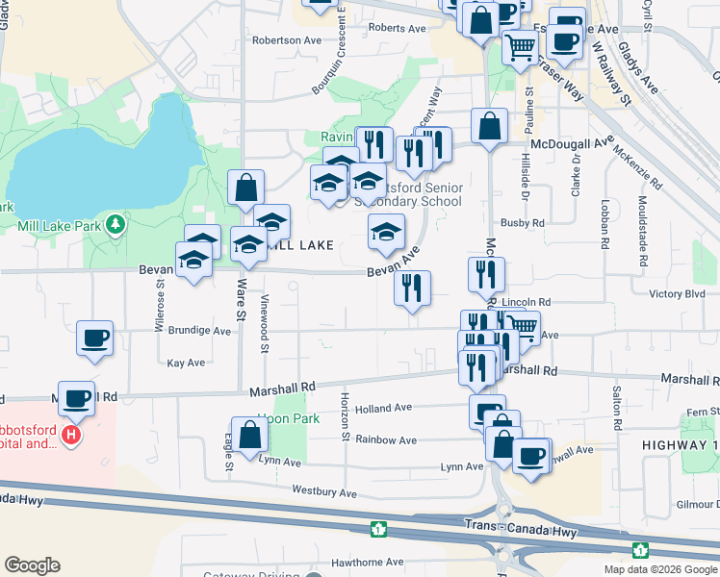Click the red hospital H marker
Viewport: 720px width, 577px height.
click(x=69, y=436)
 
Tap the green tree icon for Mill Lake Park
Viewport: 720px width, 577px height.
click(x=116, y=224)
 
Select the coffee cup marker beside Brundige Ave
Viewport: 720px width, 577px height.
click(x=95, y=339)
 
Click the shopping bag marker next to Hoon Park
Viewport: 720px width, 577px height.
click(x=249, y=435)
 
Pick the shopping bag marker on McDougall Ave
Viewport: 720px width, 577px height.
click(x=489, y=125)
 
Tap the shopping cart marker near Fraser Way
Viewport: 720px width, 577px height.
click(x=520, y=45)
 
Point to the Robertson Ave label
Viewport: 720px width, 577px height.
click(x=286, y=40)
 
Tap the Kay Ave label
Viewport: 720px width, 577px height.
click(x=186, y=363)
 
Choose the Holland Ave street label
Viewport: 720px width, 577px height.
click(x=383, y=408)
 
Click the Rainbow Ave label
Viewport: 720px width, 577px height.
click(x=385, y=439)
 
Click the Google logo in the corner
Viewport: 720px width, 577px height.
click(x=32, y=565)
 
